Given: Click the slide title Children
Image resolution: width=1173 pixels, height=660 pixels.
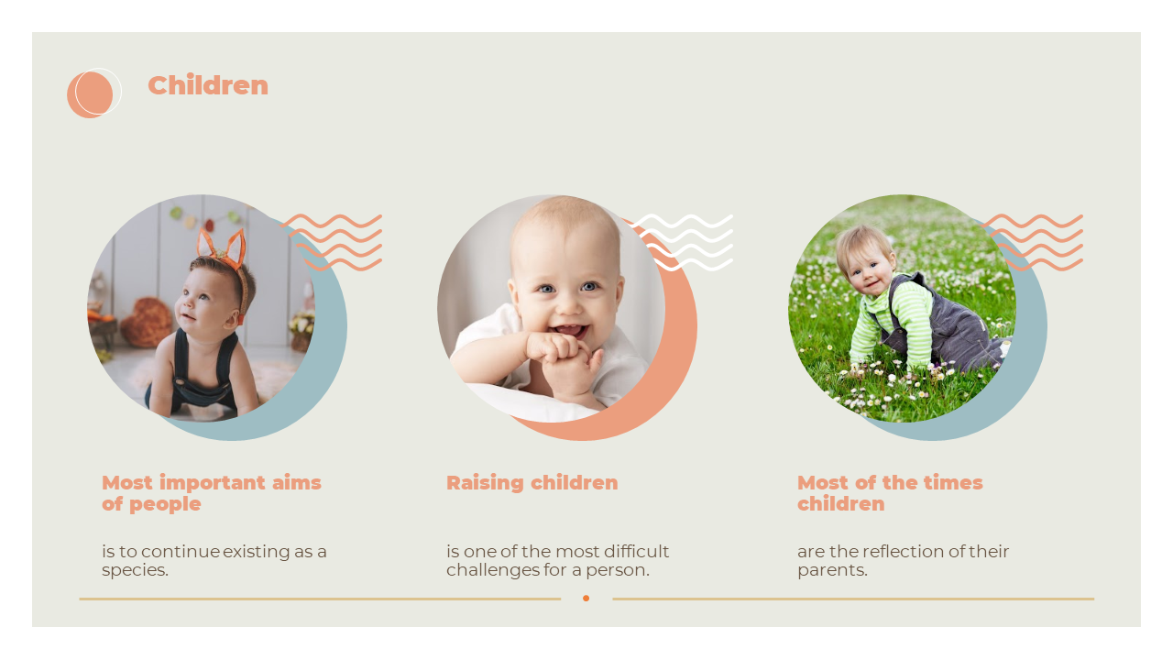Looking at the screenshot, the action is [x=208, y=85].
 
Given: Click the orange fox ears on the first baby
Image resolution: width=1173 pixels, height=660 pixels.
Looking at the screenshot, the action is [x=223, y=247].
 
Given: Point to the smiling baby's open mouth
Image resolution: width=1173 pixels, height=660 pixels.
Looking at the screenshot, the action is [x=571, y=331].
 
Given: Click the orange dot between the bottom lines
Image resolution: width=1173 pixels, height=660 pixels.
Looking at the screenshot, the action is [x=586, y=599].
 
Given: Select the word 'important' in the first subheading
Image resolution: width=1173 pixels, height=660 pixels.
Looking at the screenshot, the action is [x=213, y=482].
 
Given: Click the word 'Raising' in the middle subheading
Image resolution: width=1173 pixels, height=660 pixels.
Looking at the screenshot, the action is [x=485, y=482].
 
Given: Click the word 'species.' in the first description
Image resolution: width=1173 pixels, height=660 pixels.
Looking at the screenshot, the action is [x=135, y=570].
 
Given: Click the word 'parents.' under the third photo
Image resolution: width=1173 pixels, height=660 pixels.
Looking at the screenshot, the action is [x=833, y=570].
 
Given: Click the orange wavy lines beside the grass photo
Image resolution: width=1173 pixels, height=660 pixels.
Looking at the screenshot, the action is [x=1032, y=243].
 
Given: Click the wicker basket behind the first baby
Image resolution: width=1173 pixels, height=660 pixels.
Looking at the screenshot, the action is [x=147, y=322].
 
